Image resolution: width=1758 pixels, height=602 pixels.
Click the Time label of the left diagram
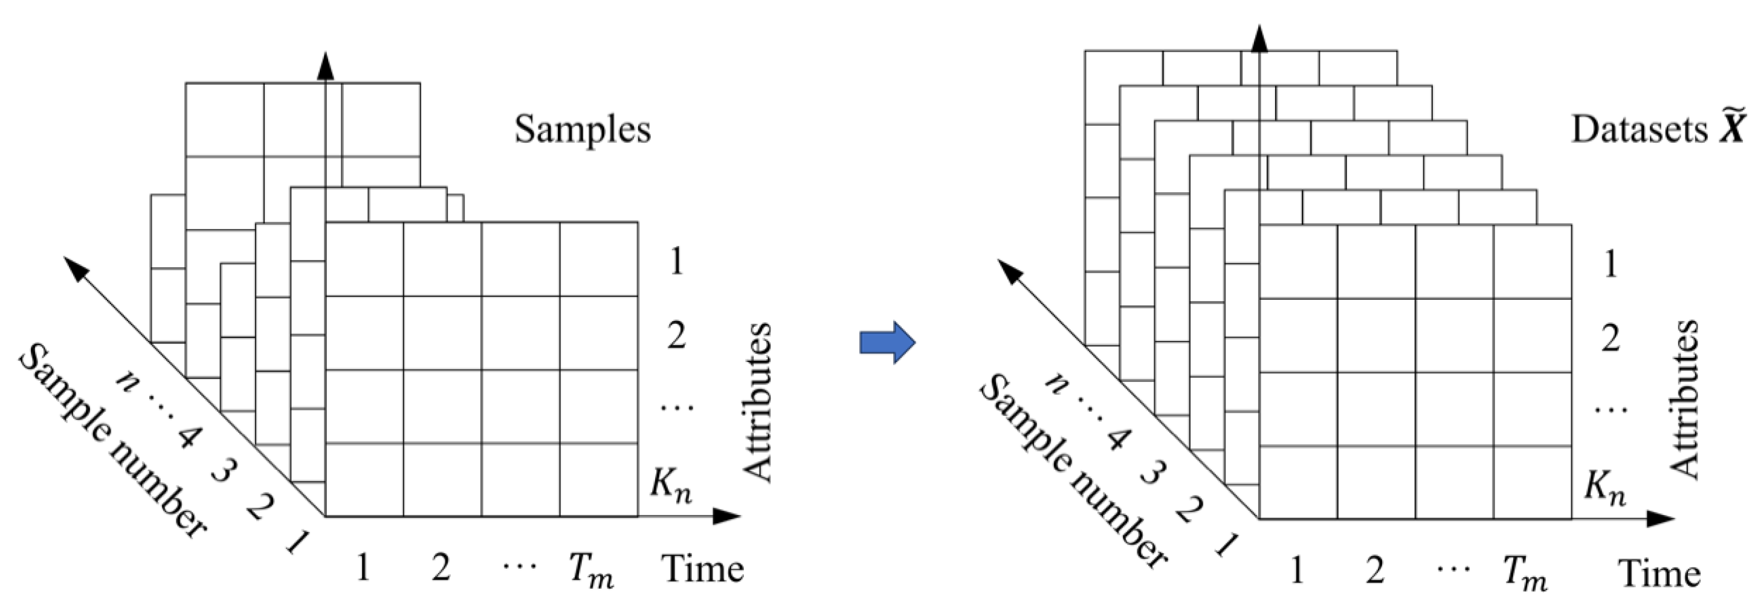702,569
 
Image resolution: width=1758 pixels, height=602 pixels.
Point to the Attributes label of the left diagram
756,403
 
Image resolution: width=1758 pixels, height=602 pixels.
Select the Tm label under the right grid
1525,574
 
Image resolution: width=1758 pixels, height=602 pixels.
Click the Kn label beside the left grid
670,486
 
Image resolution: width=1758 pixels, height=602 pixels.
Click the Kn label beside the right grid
1604,488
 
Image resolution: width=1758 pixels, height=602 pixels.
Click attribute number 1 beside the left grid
676,262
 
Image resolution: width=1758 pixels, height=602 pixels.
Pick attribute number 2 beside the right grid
1611,338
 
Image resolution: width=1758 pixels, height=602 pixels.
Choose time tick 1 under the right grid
1297,571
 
